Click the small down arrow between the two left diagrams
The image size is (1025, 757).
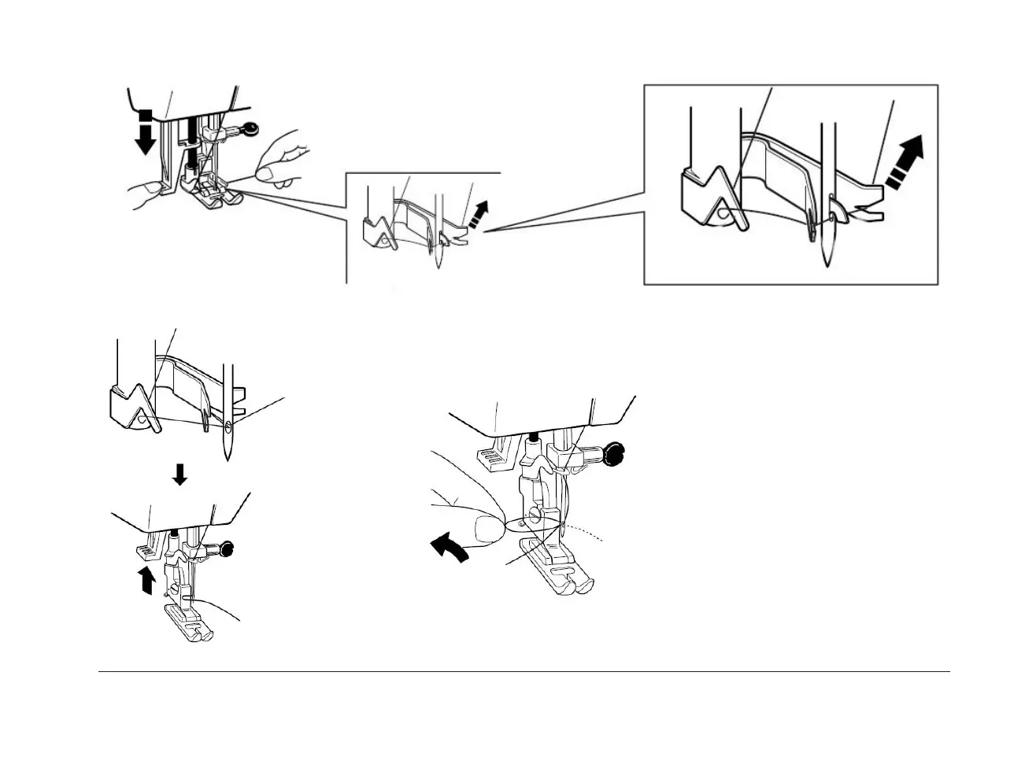(x=180, y=475)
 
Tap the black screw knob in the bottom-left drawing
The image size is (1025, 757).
(x=229, y=549)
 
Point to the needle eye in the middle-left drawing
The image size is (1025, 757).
(x=228, y=428)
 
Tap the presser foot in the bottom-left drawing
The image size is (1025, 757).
(x=189, y=622)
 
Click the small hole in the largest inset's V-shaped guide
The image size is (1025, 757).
(x=721, y=212)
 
